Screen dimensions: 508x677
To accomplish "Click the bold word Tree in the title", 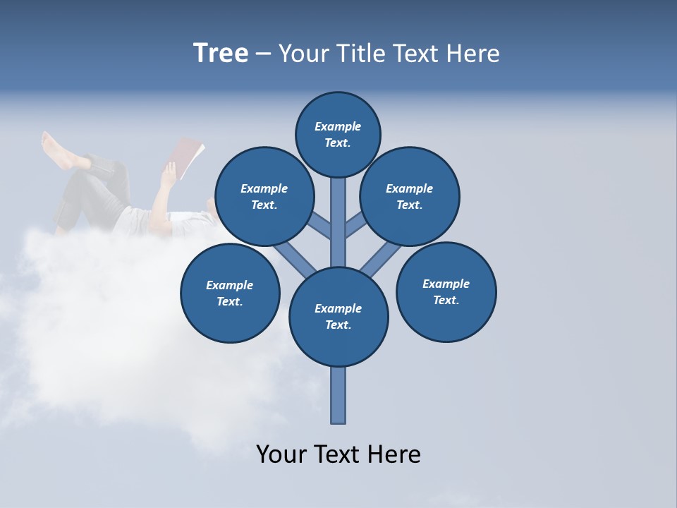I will point(221,53).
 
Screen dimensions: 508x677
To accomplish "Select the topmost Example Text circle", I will point(338,134).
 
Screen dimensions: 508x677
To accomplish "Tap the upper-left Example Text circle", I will point(264,196).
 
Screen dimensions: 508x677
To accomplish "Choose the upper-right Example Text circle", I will point(409,196).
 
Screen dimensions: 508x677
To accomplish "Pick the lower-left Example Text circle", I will point(230,293).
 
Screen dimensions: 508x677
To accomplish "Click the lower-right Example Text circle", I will point(446,291).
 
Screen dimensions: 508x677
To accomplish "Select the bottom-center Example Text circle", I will point(338,316).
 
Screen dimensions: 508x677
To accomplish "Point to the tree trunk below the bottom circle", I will point(338,395).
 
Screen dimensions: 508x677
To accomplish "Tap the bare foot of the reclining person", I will point(55,150).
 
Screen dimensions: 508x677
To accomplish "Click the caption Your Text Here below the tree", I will point(338,454).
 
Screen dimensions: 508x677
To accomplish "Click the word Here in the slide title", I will point(473,53).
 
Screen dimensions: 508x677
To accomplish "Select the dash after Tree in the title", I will point(263,54).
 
